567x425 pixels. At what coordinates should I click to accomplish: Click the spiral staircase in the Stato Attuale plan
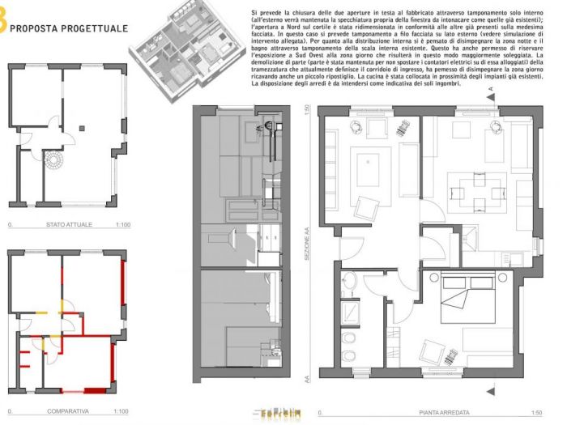pyautogui.click(x=53, y=162)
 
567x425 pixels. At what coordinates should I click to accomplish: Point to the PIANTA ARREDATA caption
pyautogui.click(x=442, y=412)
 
